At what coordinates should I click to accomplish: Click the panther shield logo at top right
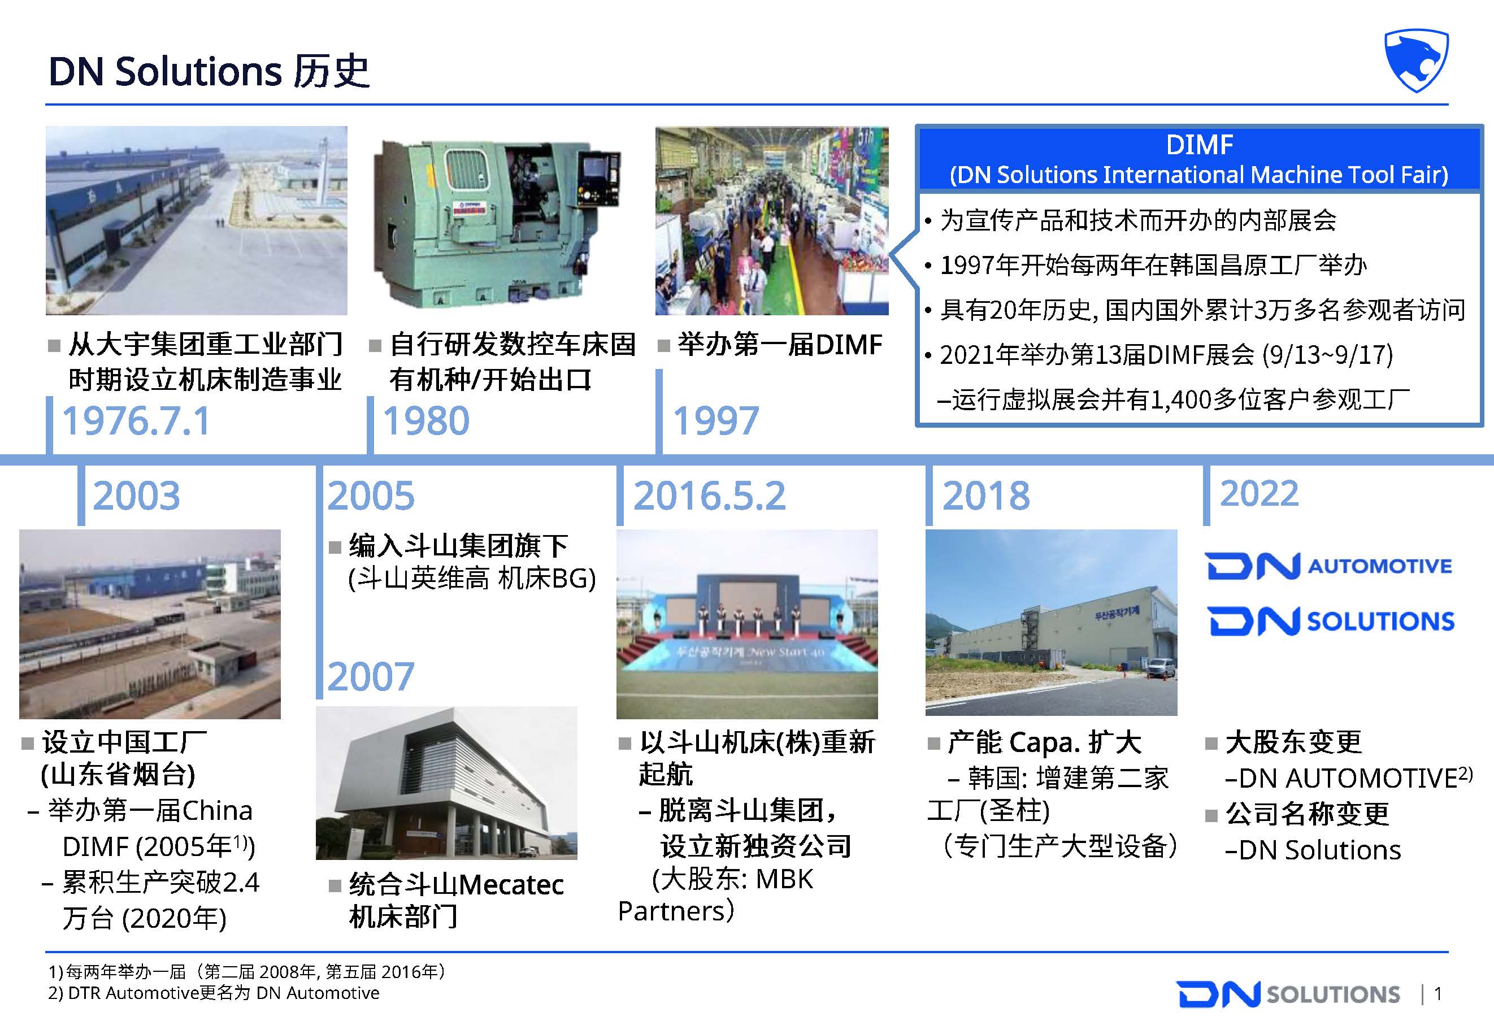coord(1416,60)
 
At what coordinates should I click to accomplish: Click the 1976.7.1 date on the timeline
coord(136,421)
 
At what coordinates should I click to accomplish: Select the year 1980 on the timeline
coord(425,421)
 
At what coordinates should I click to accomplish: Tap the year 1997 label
coord(715,421)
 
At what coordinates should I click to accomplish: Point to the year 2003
coord(136,496)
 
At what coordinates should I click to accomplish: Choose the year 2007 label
coord(371,677)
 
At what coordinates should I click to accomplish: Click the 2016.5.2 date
coord(709,496)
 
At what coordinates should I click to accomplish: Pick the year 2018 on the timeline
coord(985,496)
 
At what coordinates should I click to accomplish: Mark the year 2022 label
coord(1259,494)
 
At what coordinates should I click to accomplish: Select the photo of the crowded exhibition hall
coord(772,220)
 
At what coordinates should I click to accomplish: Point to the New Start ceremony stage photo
coord(747,624)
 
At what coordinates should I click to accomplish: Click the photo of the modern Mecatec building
coord(446,783)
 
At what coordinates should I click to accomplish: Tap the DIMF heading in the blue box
coord(1199,145)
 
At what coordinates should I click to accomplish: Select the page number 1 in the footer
coord(1437,994)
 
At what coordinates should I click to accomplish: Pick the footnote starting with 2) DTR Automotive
coord(214,993)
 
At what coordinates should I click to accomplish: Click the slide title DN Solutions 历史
coord(209,71)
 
